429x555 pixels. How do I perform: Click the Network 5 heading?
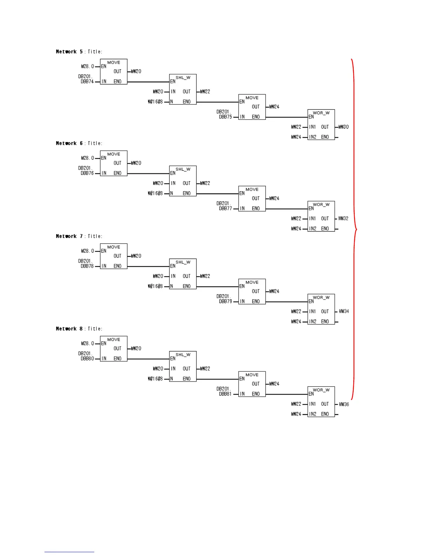coord(69,52)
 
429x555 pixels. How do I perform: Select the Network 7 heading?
coord(69,236)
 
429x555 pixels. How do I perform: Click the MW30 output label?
coord(343,127)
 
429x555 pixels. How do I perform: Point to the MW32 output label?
coord(343,218)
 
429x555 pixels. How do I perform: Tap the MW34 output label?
coord(344,311)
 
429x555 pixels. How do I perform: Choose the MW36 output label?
coord(344,404)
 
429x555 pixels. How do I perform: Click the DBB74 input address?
coord(87,81)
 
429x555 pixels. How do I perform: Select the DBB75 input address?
coord(225,117)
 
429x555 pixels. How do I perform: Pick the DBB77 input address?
coord(225,208)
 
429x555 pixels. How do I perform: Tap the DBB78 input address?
coord(87,266)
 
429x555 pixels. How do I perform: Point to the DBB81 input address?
coord(225,394)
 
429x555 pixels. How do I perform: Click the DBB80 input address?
coord(87,358)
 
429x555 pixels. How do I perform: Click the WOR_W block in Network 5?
coord(321,124)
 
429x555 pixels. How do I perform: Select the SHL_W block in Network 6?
coord(183,181)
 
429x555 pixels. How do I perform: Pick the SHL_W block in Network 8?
coord(183,366)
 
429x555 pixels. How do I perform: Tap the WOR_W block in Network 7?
coord(321,309)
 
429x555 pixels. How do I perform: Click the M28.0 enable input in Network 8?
coord(88,343)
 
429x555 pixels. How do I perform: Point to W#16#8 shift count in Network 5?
coord(155,102)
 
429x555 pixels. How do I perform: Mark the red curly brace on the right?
coord(354,229)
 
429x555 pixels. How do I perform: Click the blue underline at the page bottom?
coord(69,552)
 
